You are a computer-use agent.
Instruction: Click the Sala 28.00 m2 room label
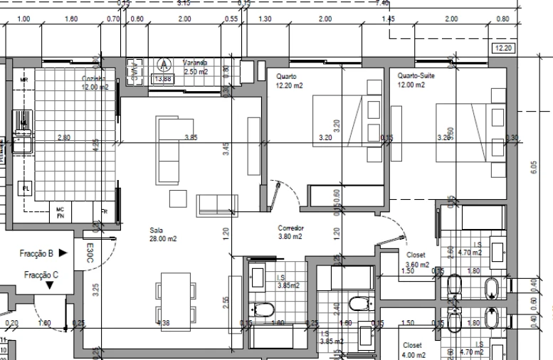162,235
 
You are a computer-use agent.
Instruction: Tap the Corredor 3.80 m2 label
291,232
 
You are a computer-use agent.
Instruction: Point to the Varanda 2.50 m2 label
195,68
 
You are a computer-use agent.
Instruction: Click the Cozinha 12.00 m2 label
95,83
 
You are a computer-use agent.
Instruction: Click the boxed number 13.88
162,79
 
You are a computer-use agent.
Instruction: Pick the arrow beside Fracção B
63,253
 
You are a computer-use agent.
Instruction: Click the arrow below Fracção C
50,286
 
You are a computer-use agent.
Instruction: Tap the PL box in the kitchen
26,188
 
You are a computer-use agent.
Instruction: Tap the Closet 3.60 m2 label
417,259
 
